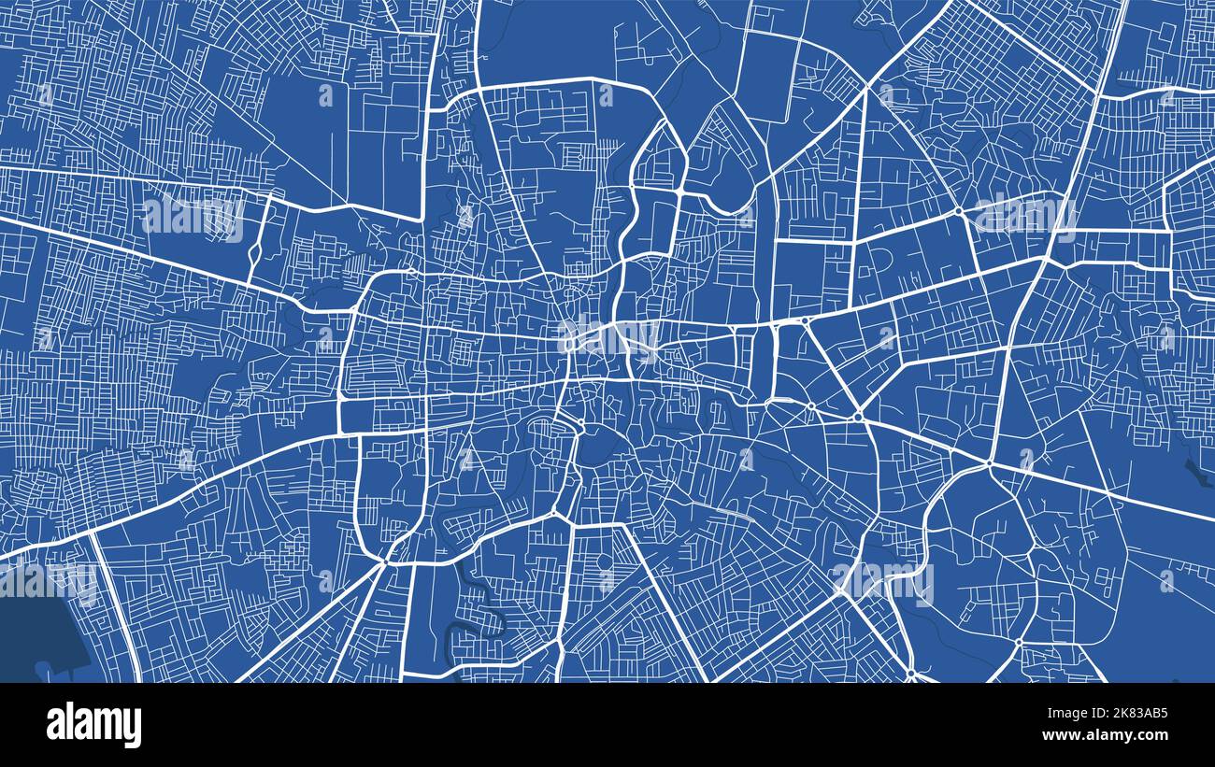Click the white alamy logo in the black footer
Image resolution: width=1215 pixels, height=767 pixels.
coord(94,725)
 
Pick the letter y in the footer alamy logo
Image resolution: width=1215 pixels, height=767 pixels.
coord(133,728)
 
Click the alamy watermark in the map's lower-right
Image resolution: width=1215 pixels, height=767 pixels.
coord(883,585)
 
